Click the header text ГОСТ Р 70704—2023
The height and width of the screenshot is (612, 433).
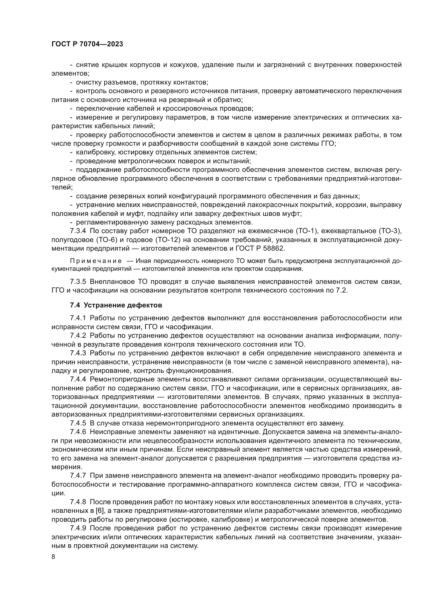(x=87, y=44)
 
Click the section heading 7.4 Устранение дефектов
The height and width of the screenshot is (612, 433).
(x=116, y=305)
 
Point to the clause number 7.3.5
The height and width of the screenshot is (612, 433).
(x=78, y=282)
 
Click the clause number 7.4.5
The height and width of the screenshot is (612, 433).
(x=78, y=423)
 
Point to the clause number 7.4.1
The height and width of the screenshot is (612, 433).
(x=78, y=318)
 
